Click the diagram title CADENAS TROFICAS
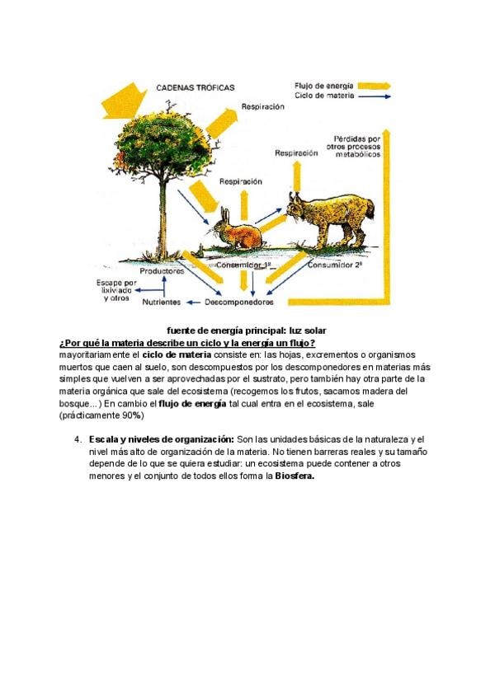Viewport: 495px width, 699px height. pos(195,88)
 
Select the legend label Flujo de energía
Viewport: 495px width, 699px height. pos(323,86)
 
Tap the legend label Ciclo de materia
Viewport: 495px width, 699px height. pos(324,96)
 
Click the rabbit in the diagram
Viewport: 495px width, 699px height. pos(238,229)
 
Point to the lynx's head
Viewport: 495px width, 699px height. pos(297,206)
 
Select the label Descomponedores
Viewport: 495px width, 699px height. pos(238,303)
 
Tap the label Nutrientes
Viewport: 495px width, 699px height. pos(161,303)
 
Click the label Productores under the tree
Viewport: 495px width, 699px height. pos(162,271)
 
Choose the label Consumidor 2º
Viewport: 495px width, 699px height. pos(335,265)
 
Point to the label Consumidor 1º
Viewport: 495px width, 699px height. pos(243,265)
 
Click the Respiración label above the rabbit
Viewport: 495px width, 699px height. pos(241,182)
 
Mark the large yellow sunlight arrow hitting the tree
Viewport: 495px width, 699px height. pos(124,101)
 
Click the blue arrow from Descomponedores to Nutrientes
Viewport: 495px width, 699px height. pos(193,303)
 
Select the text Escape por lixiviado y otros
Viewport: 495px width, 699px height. pos(116,291)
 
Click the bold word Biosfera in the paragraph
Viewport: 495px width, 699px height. pos(295,476)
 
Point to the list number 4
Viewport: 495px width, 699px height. pos(78,439)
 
